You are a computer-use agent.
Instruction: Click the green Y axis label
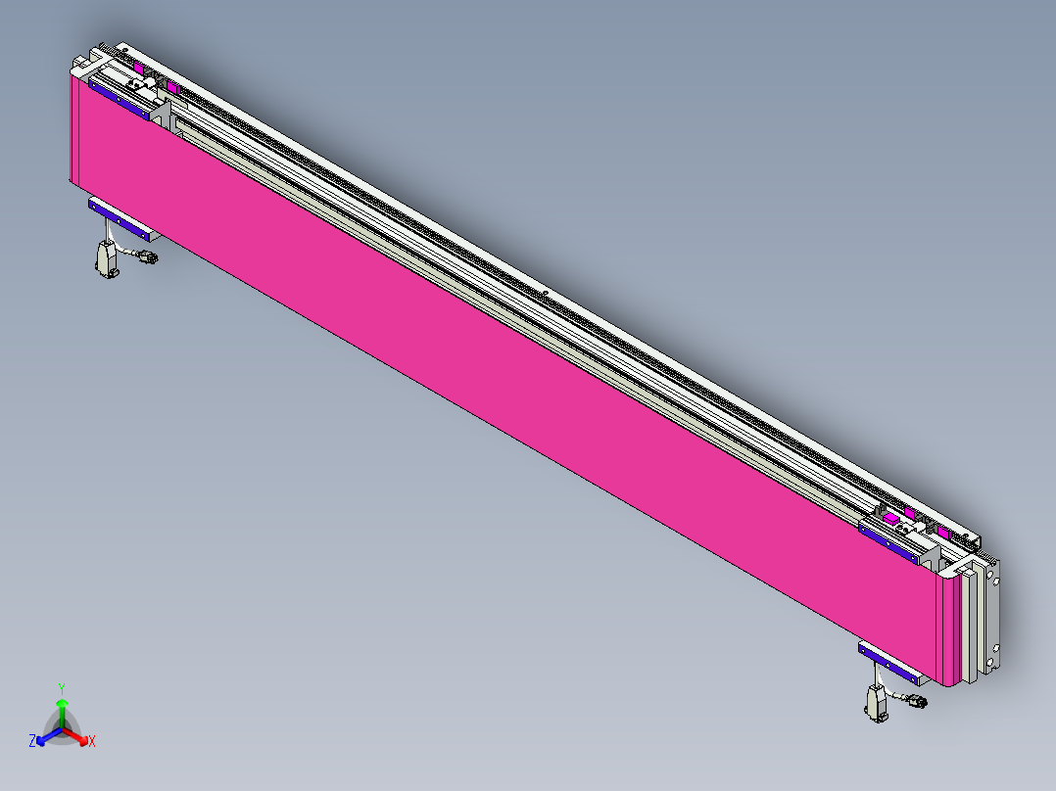coord(61,687)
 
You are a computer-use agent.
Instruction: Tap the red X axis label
coord(92,742)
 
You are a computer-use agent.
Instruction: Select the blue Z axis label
coord(32,742)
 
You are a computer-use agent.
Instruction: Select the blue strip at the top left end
coord(118,99)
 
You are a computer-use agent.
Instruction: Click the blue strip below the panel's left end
coord(122,216)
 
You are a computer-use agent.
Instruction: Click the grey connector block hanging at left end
coord(105,259)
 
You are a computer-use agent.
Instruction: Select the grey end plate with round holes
coord(991,617)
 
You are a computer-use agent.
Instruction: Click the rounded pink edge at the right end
coord(948,631)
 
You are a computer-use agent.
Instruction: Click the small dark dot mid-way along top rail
coord(544,291)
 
